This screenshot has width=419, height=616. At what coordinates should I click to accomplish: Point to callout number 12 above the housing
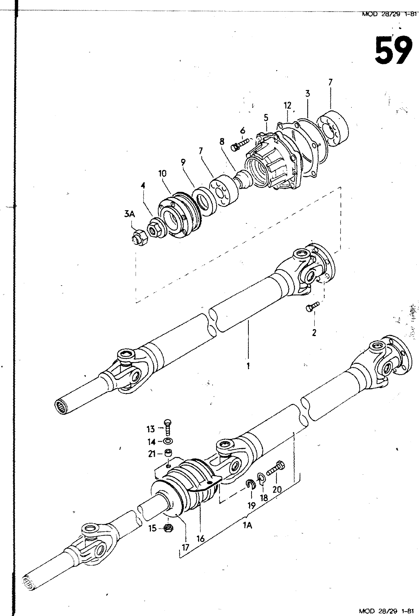[x=287, y=105]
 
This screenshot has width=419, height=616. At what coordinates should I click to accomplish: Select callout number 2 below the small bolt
[x=314, y=333]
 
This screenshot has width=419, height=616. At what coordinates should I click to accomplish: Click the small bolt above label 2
[x=312, y=307]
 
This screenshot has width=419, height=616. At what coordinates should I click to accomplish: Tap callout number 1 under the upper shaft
[x=248, y=365]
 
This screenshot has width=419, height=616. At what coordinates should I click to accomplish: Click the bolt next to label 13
[x=168, y=427]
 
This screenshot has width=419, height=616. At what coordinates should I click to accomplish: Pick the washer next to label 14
[x=168, y=441]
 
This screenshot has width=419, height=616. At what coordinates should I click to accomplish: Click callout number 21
[x=152, y=454]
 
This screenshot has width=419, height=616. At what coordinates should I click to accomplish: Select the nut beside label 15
[x=168, y=528]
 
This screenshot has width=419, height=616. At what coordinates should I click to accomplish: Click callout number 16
[x=200, y=539]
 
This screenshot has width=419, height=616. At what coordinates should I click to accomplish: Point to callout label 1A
[x=247, y=525]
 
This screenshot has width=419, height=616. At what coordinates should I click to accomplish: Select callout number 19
[x=251, y=505]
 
